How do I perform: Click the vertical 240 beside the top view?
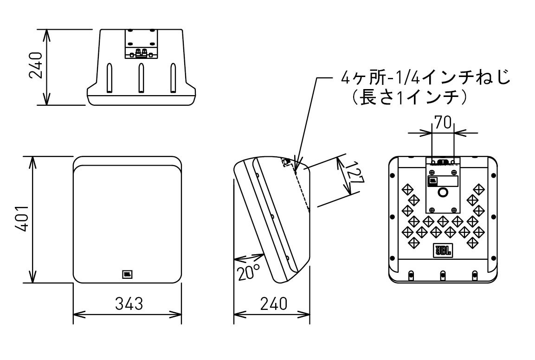pos(36,66)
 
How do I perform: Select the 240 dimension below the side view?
pos(273,304)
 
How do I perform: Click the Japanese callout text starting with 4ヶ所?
pos(425,78)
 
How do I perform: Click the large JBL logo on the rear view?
pos(443,251)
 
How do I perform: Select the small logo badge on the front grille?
pos(127,274)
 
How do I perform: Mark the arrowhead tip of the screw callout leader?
pos(295,166)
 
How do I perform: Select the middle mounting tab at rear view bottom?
pos(443,275)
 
